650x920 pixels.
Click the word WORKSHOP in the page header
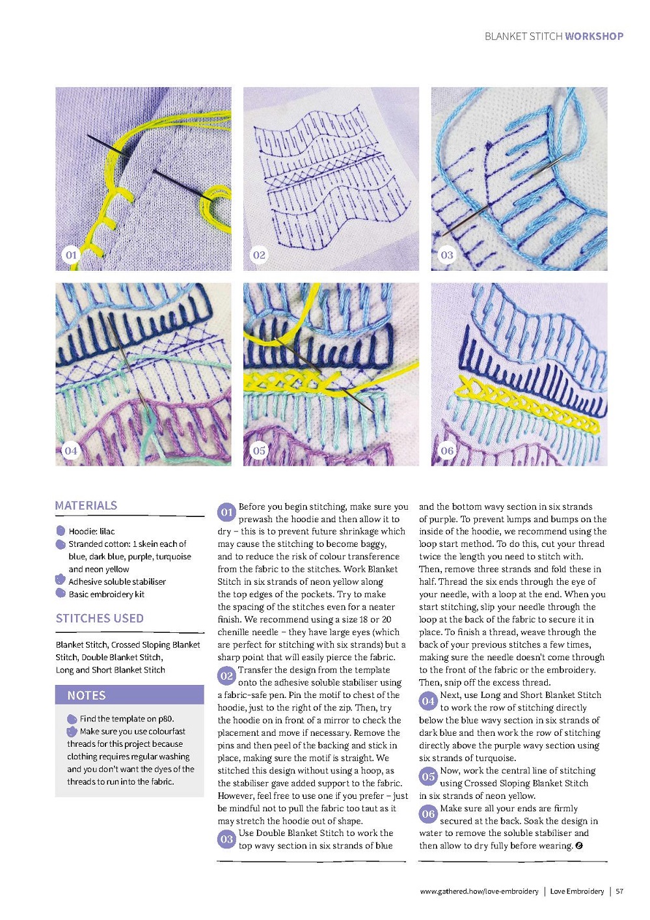594,36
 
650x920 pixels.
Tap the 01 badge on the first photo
71,255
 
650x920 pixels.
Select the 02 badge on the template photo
259,255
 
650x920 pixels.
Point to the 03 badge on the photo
447,255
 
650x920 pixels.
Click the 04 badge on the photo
71,450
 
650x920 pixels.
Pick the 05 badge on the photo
259,450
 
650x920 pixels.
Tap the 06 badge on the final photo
447,450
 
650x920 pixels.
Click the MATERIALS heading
86,505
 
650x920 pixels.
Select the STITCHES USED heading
100,618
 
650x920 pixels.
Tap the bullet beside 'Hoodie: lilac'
61,531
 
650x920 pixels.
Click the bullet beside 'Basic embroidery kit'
61,593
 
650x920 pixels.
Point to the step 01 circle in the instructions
226,512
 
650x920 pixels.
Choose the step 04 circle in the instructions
428,701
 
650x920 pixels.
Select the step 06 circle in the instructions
428,814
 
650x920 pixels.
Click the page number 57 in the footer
619,891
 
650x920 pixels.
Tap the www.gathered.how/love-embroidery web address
479,891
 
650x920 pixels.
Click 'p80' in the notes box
165,719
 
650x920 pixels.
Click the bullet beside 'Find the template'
72,719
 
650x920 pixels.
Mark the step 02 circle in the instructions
226,676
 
